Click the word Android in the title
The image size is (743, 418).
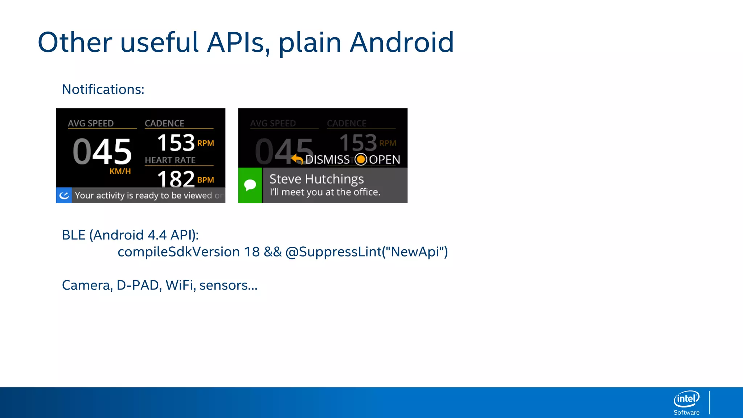402,43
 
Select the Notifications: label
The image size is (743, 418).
103,90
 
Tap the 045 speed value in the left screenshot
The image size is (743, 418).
102,152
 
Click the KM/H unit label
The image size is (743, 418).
120,171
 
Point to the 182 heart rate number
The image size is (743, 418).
176,179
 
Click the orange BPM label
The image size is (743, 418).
206,180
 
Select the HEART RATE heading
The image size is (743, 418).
170,160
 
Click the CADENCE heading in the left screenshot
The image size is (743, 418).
164,123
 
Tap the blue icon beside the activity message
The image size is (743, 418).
64,196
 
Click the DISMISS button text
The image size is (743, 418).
328,160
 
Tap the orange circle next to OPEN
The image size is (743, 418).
361,159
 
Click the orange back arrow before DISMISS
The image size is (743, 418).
297,159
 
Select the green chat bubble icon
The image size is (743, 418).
250,185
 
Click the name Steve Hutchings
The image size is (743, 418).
316,179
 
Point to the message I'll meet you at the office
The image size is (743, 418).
325,192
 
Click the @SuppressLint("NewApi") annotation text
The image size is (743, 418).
366,252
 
